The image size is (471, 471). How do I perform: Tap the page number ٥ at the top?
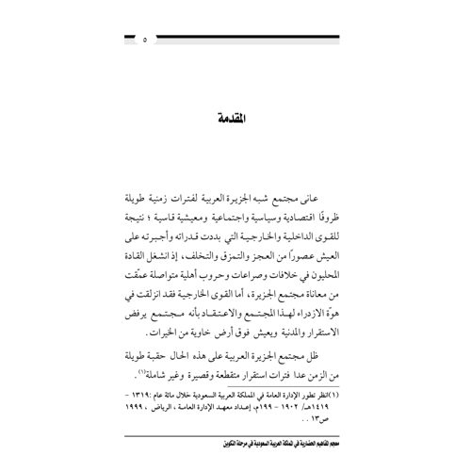click(x=144, y=41)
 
